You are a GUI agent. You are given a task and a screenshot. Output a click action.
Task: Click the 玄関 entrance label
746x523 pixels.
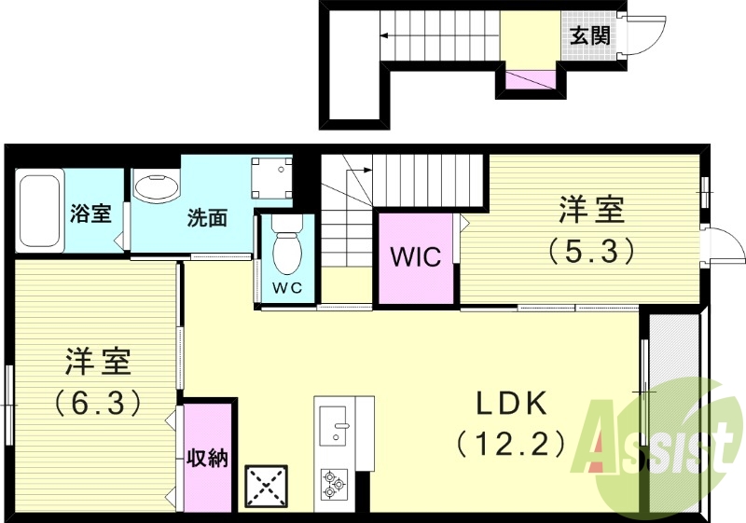click(589, 36)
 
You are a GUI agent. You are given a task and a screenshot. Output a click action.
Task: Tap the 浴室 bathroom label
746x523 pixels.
click(90, 213)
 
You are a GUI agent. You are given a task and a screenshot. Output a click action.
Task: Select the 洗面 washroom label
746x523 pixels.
click(207, 218)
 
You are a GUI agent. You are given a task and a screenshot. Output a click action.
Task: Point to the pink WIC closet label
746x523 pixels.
click(415, 256)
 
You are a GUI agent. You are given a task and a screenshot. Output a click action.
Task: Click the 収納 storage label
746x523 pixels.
click(207, 459)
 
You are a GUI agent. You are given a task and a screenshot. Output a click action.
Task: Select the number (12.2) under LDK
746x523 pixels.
click(510, 443)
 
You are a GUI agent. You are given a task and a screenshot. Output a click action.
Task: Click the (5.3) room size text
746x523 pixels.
click(591, 249)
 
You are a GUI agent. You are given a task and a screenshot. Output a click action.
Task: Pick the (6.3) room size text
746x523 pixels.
click(97, 402)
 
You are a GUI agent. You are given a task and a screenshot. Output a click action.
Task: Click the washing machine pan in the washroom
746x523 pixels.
click(273, 177)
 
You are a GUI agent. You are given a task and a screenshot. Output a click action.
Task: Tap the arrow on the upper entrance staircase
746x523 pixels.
click(384, 38)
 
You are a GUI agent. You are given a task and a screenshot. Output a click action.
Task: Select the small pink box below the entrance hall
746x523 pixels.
click(529, 80)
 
